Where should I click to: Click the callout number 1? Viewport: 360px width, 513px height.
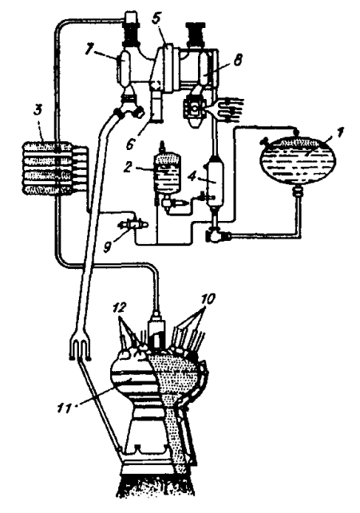tap(340, 132)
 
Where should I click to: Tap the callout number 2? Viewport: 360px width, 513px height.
tap(127, 168)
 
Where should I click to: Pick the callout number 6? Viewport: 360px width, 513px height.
tap(131, 144)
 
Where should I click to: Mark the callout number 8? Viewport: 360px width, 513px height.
tap(239, 60)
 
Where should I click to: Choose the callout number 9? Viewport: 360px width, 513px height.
tap(107, 247)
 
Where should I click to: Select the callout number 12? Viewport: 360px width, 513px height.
tap(120, 307)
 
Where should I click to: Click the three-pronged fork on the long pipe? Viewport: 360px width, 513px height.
tap(81, 348)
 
